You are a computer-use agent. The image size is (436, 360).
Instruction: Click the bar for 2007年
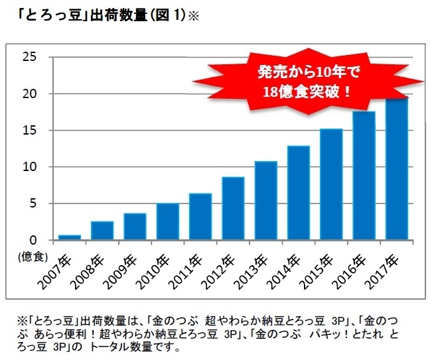tap(69, 237)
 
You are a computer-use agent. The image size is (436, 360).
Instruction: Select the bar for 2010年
tap(167, 221)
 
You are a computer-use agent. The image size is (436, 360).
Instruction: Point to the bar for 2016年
tap(364, 176)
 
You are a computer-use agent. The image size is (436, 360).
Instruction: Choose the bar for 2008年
tap(102, 231)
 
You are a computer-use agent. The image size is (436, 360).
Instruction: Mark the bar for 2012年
tap(233, 208)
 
